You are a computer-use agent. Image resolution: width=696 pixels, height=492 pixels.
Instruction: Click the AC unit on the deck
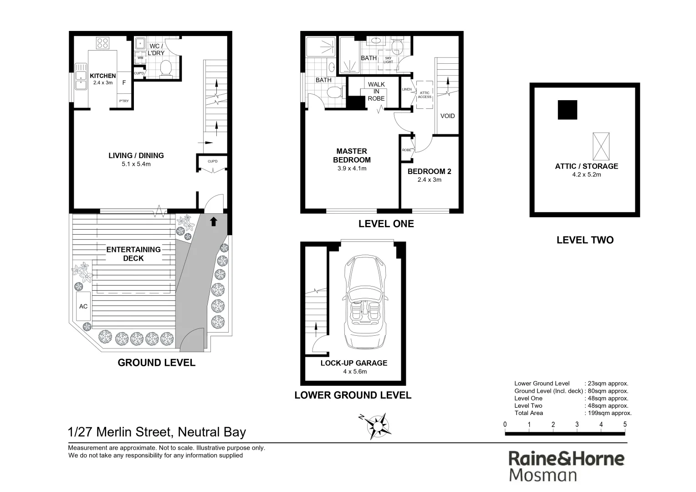[83, 307]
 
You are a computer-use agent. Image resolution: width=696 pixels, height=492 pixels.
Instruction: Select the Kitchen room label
[102, 76]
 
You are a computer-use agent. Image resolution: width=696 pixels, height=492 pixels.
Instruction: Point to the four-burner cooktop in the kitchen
[102, 43]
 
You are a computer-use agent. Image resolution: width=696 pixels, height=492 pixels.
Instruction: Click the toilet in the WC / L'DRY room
[166, 68]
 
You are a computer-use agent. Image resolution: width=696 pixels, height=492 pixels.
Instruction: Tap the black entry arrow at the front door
[213, 222]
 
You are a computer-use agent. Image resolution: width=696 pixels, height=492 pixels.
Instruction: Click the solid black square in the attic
[567, 110]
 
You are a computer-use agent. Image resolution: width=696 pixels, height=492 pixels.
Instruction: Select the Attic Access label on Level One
[425, 95]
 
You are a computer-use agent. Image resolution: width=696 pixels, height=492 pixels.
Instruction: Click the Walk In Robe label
[376, 91]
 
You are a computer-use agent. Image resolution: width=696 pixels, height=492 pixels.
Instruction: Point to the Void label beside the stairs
[447, 116]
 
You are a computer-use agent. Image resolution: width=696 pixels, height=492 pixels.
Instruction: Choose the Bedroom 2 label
[429, 171]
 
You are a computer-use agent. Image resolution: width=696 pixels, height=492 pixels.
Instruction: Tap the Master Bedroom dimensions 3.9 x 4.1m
[352, 169]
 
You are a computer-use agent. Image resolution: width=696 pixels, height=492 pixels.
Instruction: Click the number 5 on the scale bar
[624, 425]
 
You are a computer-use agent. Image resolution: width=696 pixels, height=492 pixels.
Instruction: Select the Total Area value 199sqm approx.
[608, 413]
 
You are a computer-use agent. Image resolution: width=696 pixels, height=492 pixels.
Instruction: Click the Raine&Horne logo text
[566, 458]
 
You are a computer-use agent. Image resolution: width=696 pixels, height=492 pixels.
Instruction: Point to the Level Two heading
[585, 240]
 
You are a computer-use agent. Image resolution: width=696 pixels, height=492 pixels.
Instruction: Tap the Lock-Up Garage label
[353, 363]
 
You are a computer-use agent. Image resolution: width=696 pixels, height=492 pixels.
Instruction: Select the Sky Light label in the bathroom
[388, 60]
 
